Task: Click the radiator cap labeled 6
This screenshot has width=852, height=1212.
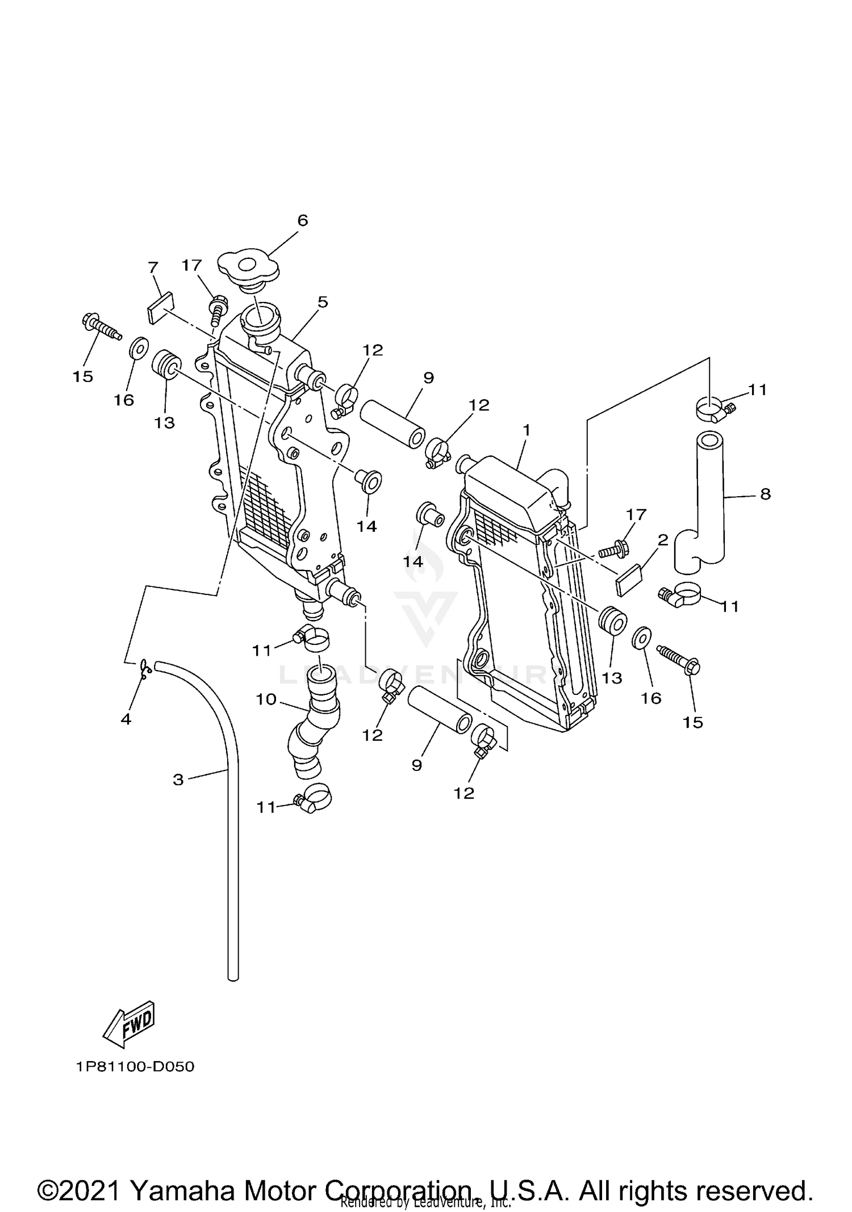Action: click(249, 267)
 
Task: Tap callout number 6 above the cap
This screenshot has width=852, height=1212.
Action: click(302, 220)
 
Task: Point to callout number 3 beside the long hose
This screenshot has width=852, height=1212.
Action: click(178, 779)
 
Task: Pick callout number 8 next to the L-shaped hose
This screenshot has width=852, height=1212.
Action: click(765, 494)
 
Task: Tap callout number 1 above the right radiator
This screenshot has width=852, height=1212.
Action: click(526, 430)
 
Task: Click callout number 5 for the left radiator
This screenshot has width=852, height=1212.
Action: click(323, 302)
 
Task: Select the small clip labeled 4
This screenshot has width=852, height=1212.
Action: click(145, 668)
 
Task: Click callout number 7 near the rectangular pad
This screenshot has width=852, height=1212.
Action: click(152, 267)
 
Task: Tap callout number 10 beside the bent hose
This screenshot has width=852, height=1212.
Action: click(265, 699)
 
